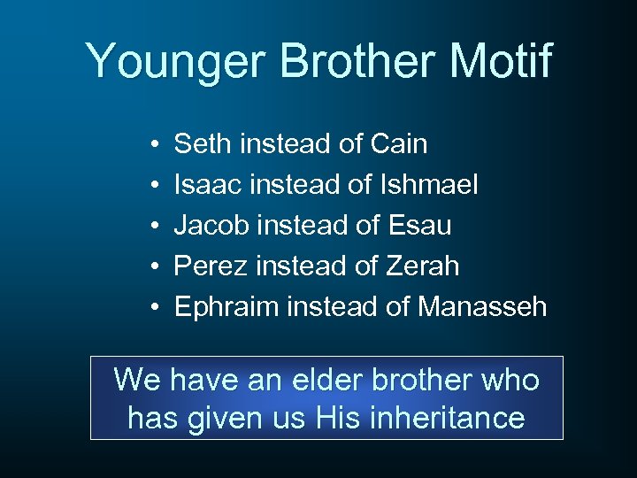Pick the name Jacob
(x=211, y=225)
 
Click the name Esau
(x=419, y=225)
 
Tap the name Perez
(x=209, y=266)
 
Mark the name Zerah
(x=424, y=266)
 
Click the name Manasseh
(x=482, y=307)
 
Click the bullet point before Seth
(x=154, y=144)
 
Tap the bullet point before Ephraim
(x=154, y=308)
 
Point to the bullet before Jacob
(x=154, y=226)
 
